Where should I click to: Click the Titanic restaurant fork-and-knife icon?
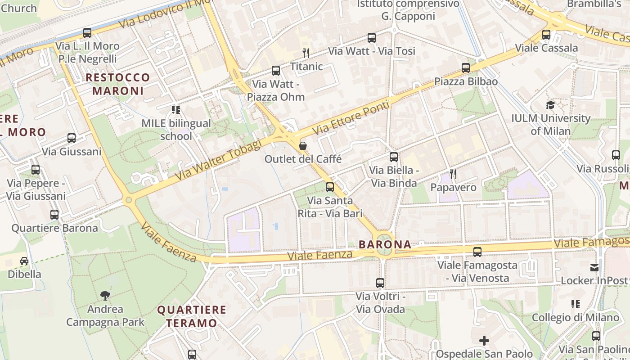pos(306,53)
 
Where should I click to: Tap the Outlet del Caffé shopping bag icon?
pos(303,146)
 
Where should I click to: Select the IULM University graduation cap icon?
pos(550,105)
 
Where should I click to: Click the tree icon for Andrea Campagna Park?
pos(105,296)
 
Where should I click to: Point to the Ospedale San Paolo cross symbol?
pos(484,341)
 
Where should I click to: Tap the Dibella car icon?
pos(24,261)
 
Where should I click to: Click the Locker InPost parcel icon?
pos(594,267)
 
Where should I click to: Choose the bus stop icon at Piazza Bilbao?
pos(466,68)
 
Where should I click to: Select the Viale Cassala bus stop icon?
pos(546,34)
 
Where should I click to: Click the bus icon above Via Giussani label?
pos(72,138)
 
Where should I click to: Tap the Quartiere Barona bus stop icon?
pos(54,215)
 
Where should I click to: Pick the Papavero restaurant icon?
pos(453,174)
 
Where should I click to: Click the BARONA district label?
pos(385,244)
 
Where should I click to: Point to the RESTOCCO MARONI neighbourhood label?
pos(118,84)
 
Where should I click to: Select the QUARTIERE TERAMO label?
pos(192,316)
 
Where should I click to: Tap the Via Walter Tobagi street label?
pos(218,160)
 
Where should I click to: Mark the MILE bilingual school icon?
pos(176,110)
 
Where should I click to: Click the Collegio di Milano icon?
pos(575,304)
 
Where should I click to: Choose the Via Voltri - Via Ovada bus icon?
pos(380,283)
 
